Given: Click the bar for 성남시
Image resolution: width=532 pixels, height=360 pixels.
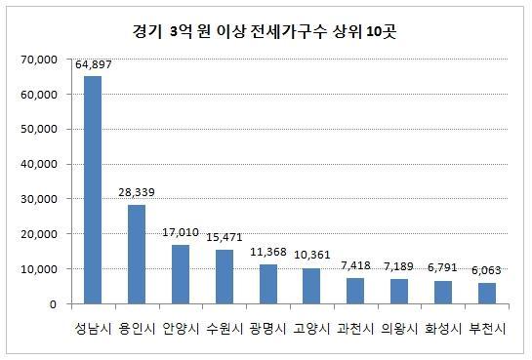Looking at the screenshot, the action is [x=93, y=190].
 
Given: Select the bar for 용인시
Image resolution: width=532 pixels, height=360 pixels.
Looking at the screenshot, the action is [x=137, y=255].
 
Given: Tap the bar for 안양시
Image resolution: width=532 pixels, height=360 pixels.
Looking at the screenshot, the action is [x=181, y=274].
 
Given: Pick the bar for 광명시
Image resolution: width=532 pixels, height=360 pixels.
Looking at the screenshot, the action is [x=268, y=284].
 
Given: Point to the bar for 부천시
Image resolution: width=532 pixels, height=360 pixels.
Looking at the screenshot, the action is [x=487, y=294].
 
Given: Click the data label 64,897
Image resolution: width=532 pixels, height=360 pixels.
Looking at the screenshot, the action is [x=94, y=64].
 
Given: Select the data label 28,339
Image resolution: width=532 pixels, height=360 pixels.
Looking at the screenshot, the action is [x=137, y=192].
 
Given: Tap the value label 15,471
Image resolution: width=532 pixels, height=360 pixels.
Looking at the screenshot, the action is [x=225, y=237].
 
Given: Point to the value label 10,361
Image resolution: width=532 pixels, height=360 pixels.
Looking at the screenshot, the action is [x=311, y=255].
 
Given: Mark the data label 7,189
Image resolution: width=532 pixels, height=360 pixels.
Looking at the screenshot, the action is [x=398, y=266].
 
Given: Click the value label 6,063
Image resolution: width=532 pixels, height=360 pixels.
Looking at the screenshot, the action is [x=486, y=270].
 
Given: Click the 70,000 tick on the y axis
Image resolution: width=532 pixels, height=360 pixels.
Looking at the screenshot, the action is [x=39, y=60].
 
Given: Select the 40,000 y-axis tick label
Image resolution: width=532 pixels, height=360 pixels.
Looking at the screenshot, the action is [x=39, y=165].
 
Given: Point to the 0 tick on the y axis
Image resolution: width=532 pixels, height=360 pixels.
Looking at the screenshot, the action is [x=53, y=304].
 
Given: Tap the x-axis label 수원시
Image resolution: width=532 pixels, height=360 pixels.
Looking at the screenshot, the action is [x=225, y=329].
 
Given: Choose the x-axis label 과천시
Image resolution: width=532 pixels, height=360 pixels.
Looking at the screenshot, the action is [x=355, y=329].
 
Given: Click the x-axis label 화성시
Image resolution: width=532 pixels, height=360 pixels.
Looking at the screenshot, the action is [x=443, y=329].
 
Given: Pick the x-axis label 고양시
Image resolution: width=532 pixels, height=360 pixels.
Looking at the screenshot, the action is [x=311, y=329].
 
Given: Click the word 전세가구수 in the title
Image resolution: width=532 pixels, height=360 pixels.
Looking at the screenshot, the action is [x=288, y=31].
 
